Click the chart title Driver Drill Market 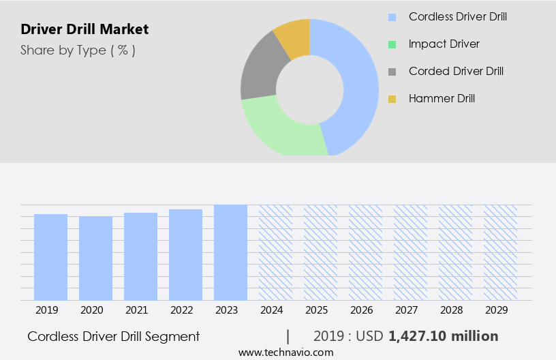[x=84, y=29]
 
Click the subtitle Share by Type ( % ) [x=78, y=50]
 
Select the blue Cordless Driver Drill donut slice [x=355, y=82]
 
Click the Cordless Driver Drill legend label [x=457, y=16]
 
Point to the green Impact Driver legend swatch [x=392, y=44]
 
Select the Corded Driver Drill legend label [x=456, y=71]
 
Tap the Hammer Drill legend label [x=442, y=98]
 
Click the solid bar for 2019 [x=51, y=257]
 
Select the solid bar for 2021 [x=141, y=256]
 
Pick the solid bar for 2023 [x=231, y=252]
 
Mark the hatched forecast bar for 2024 [x=276, y=252]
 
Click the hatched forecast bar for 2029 [x=501, y=252]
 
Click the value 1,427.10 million [x=443, y=336]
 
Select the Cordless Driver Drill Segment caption [x=114, y=336]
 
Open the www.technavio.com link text [x=286, y=352]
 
